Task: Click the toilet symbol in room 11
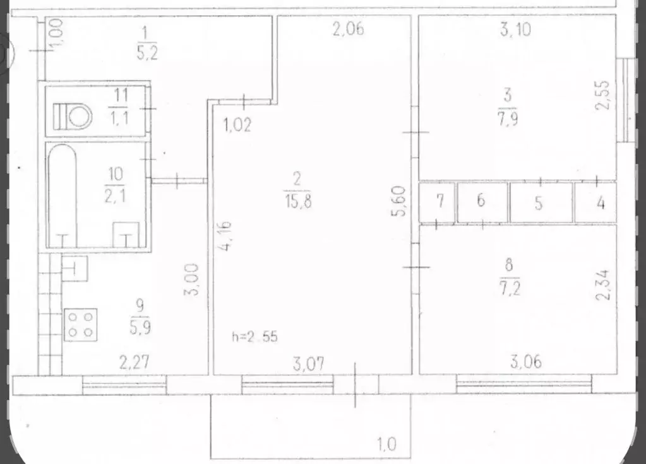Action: [72, 116]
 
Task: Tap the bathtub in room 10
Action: [62, 195]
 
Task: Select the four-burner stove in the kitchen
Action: [80, 324]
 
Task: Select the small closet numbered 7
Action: [440, 202]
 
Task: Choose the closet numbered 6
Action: [481, 202]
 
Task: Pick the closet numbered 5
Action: [539, 203]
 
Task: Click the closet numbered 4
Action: [601, 203]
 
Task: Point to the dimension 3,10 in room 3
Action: [515, 30]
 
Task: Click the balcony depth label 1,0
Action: [386, 445]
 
